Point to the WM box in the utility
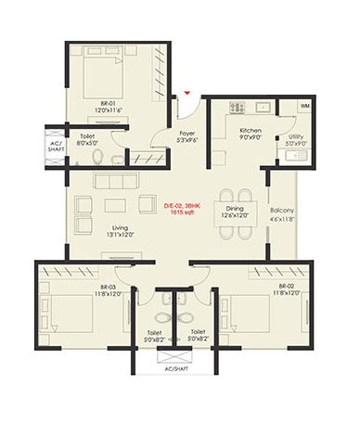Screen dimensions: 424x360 (305, 107)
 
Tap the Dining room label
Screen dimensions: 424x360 (234, 209)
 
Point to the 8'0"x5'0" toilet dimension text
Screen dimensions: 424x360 (85, 142)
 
